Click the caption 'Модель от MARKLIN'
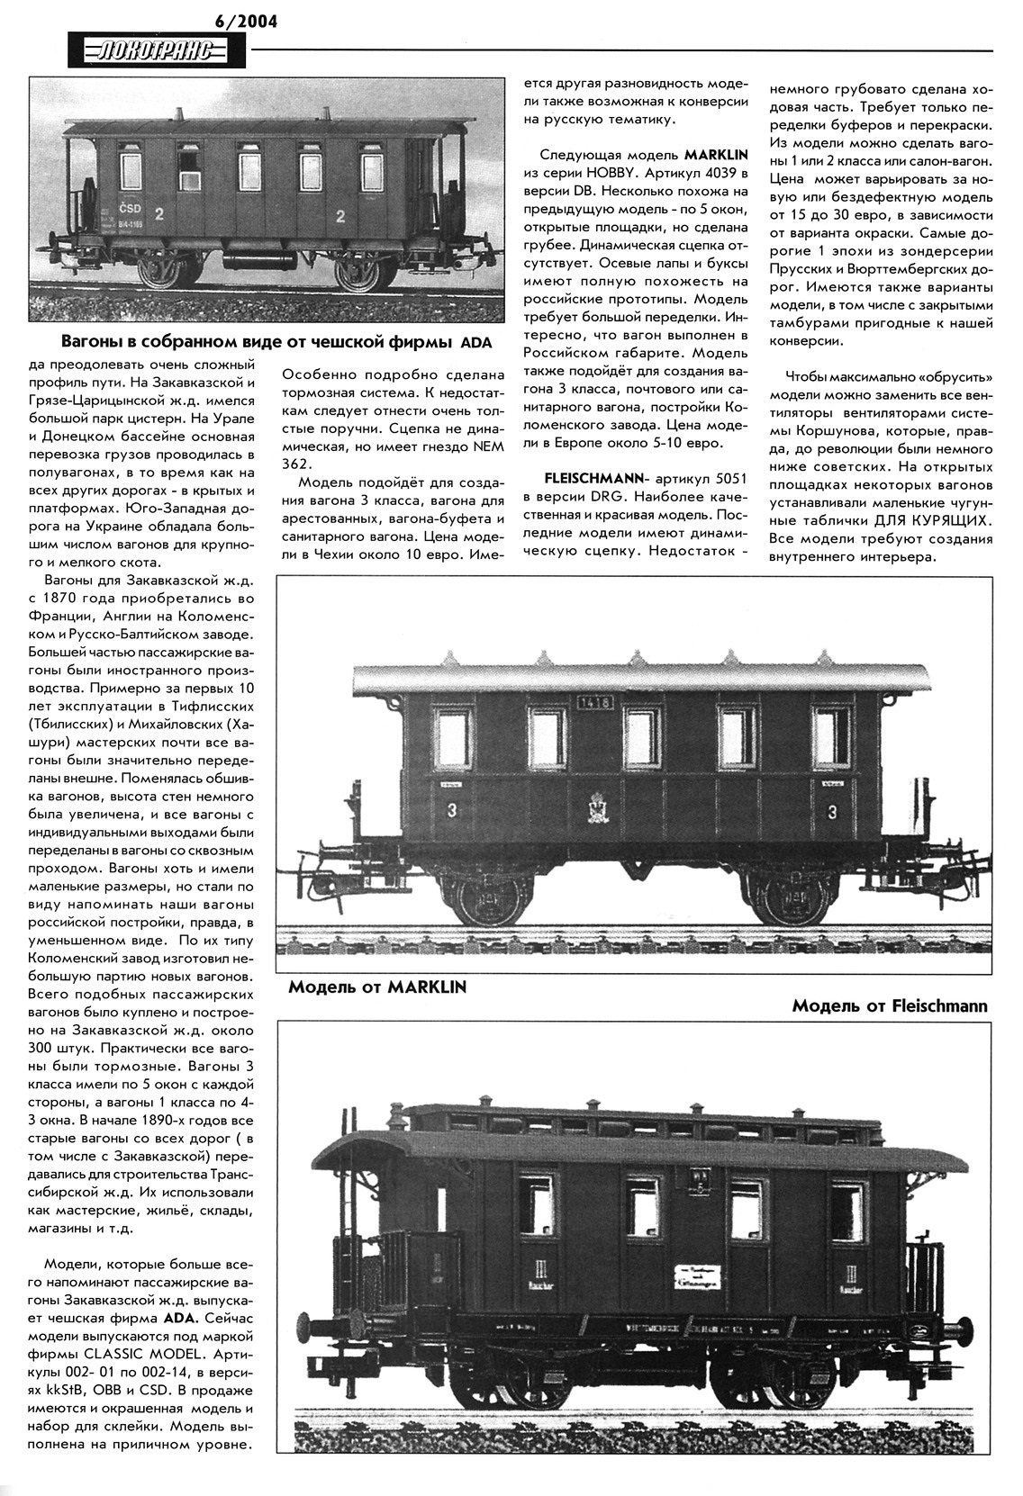(x=377, y=987)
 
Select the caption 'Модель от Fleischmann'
(x=889, y=1005)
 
